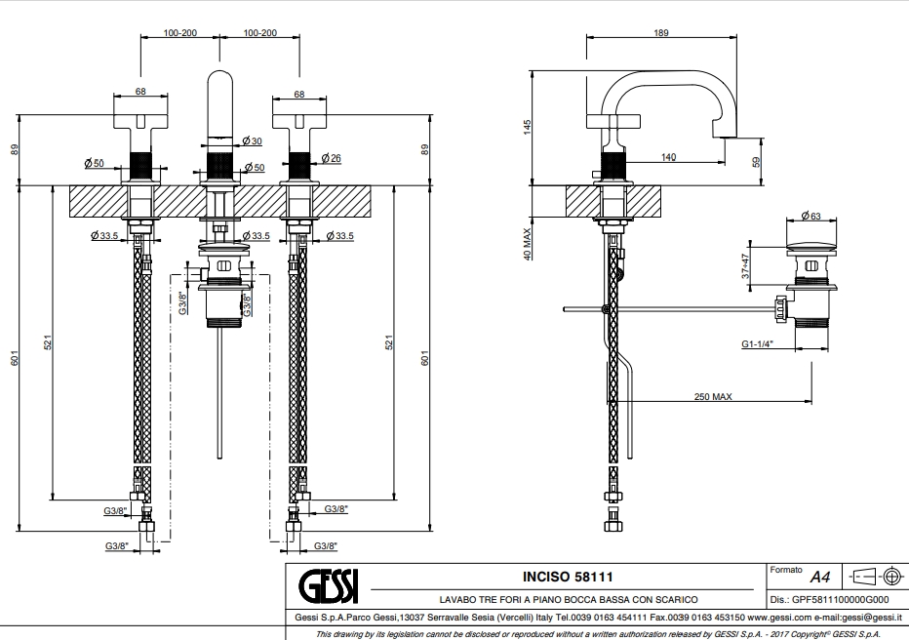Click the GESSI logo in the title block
click(x=329, y=586)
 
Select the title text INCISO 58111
click(x=568, y=577)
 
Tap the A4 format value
click(x=820, y=578)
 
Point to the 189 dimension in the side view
click(x=661, y=32)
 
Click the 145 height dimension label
click(x=527, y=127)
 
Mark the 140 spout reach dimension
click(x=668, y=157)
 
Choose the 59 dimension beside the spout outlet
click(x=756, y=162)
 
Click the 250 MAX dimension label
click(x=713, y=396)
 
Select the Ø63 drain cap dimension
click(x=811, y=216)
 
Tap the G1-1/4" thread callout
click(x=757, y=343)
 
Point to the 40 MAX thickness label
click(x=527, y=244)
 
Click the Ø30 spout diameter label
click(x=253, y=140)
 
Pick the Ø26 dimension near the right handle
click(x=331, y=158)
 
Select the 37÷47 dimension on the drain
click(x=745, y=266)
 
